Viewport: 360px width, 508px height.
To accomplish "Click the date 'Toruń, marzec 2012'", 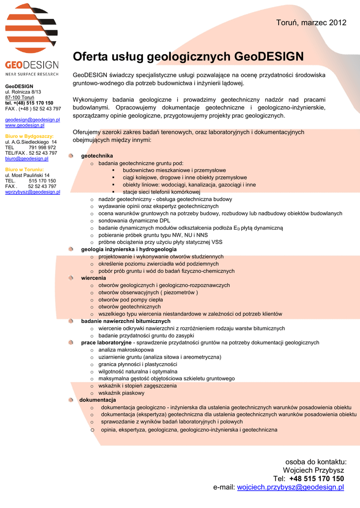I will point(311,22).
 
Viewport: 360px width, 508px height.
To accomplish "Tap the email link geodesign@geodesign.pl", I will point(32,120).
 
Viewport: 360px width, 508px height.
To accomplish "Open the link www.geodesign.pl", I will point(25,126).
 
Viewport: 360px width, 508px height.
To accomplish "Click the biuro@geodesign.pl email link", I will point(27,159).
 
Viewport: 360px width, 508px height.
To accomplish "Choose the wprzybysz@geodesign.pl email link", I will point(32,192).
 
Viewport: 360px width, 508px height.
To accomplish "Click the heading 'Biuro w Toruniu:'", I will point(24,170).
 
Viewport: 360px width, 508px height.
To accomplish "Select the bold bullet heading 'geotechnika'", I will point(97,156).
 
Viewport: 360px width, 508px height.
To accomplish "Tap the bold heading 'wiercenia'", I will point(93,278).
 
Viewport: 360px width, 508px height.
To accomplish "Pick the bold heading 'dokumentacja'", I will point(97,400).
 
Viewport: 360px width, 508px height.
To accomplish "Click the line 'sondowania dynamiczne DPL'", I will point(134,220).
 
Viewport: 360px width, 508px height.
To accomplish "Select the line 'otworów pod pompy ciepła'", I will point(131,300).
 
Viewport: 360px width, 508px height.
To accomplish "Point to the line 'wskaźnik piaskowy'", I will point(121,393).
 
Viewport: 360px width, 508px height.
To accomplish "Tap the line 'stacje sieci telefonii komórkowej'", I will point(161,192).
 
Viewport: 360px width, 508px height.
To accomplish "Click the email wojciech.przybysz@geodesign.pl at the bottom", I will point(290,488).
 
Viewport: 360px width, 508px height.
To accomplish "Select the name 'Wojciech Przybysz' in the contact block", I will point(313,470).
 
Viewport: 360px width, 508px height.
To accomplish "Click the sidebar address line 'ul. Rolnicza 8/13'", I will point(23,92).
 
